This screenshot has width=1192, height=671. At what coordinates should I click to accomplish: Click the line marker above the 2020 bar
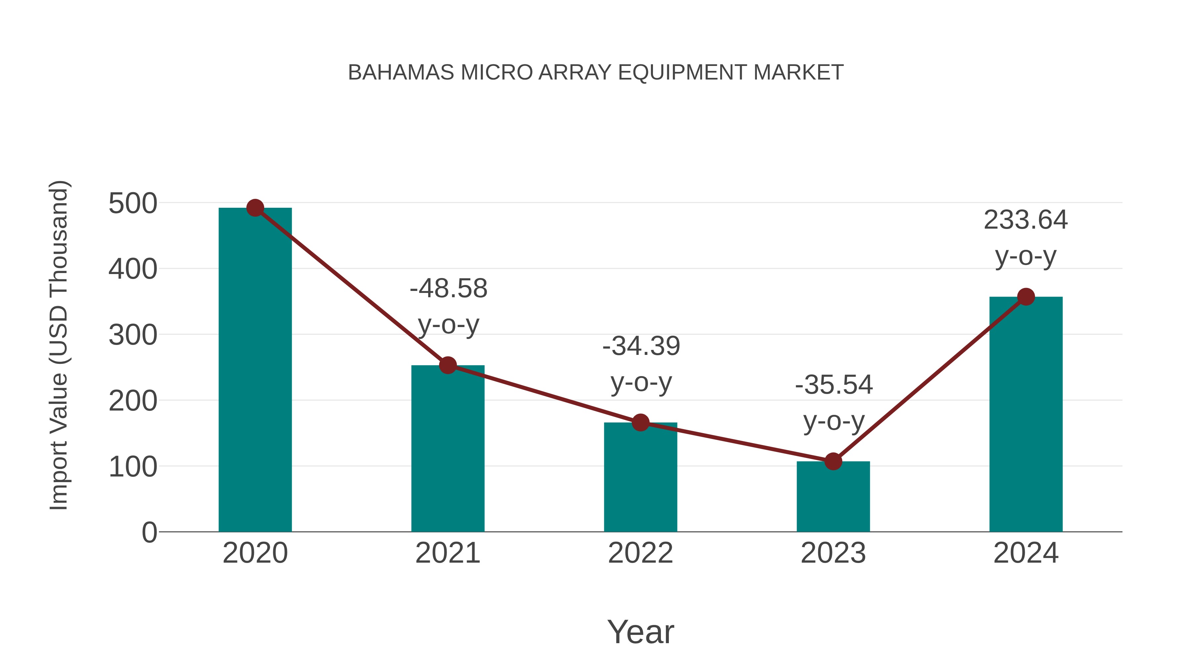(x=255, y=208)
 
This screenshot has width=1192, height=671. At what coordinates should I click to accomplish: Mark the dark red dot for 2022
(x=640, y=422)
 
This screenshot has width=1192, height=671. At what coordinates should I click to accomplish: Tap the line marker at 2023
(x=833, y=461)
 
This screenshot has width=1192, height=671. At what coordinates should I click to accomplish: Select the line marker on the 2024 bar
(x=1026, y=297)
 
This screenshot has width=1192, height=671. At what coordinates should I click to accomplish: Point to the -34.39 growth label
(x=641, y=346)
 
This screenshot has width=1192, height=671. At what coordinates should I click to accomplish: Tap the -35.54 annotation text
(x=834, y=385)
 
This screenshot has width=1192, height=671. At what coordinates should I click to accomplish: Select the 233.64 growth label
(x=1025, y=220)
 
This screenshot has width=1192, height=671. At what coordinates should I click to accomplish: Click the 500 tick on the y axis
(x=133, y=203)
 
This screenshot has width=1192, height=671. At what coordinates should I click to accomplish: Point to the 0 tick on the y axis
(x=149, y=532)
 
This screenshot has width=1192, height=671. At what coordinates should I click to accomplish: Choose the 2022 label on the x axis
(x=640, y=553)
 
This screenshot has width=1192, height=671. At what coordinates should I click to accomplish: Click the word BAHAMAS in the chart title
(x=401, y=73)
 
